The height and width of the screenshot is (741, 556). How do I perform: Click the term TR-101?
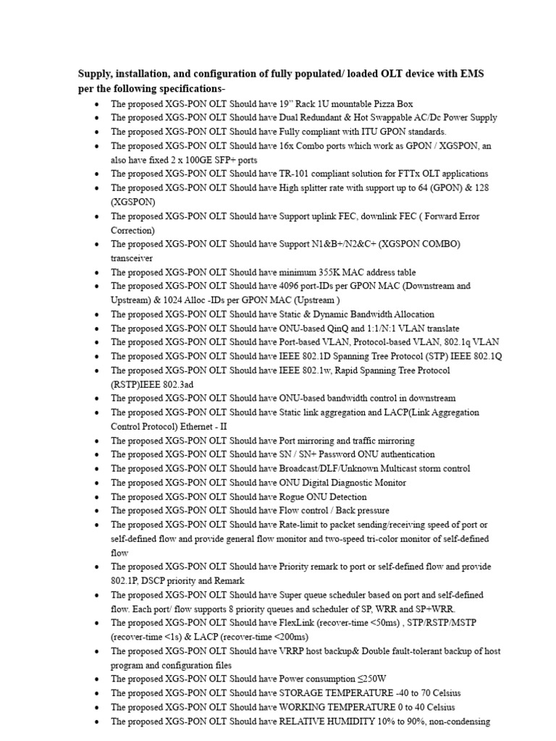(293, 174)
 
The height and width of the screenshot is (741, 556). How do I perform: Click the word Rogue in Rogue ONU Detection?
(292, 496)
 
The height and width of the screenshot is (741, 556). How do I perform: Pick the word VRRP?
(293, 651)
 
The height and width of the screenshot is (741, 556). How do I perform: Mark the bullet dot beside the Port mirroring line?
(97, 441)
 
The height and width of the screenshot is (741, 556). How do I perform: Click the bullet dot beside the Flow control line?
(97, 511)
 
